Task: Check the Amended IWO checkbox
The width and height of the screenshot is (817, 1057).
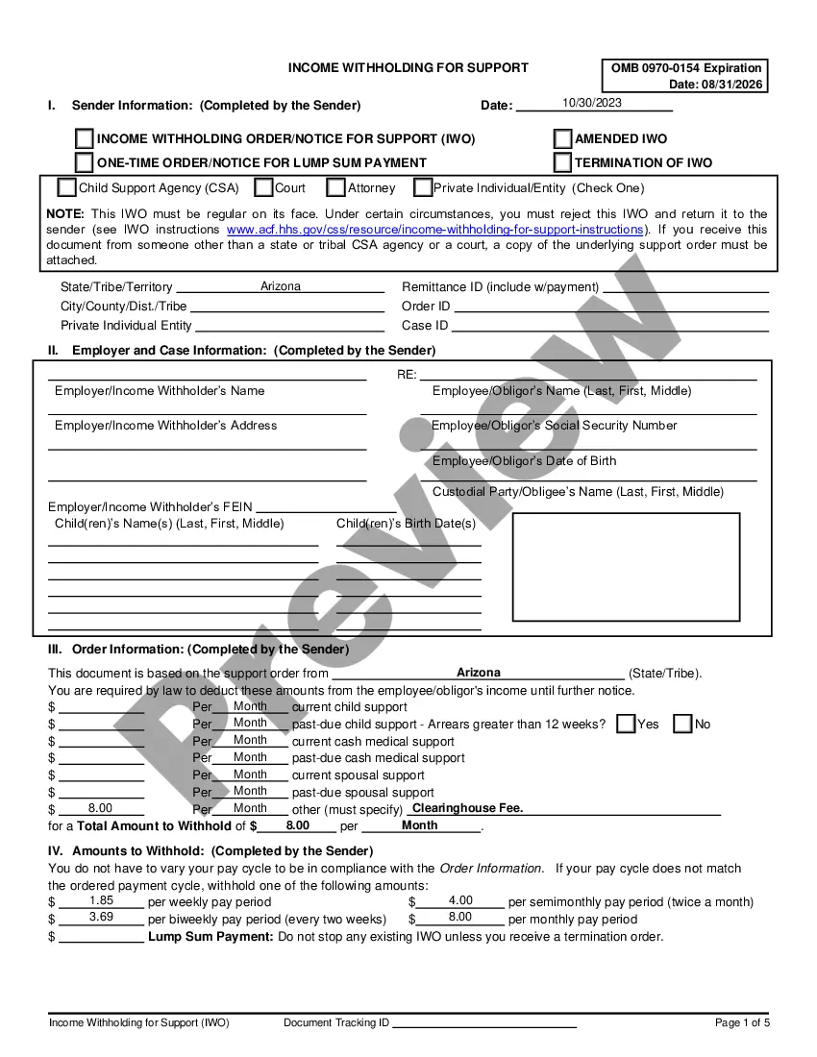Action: point(562,139)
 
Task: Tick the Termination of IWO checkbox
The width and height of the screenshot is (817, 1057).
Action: point(562,162)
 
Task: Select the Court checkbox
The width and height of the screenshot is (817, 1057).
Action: point(264,188)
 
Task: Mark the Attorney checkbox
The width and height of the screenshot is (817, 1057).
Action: point(336,188)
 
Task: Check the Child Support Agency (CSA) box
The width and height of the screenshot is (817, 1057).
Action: point(67,188)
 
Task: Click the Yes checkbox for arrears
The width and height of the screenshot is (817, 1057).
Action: point(626,724)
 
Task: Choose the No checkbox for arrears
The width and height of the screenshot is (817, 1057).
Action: point(682,724)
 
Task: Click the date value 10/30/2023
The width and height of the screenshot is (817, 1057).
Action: point(592,103)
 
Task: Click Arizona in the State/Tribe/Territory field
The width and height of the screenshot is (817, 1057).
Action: point(281,286)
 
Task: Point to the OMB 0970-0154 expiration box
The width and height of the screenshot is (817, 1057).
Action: point(685,76)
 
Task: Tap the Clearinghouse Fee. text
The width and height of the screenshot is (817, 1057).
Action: point(468,809)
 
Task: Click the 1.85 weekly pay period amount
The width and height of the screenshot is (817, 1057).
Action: point(102,900)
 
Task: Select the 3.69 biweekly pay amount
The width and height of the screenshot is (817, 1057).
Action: point(102,917)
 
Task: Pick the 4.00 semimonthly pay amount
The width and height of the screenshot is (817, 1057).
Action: point(460,900)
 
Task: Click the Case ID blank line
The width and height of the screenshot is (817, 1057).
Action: point(610,327)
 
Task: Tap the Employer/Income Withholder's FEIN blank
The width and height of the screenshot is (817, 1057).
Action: point(327,507)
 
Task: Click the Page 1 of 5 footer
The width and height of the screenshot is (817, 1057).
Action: point(742,1022)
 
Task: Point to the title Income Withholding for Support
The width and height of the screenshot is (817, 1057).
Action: point(408,68)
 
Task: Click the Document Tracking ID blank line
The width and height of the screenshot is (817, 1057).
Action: point(484,1024)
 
